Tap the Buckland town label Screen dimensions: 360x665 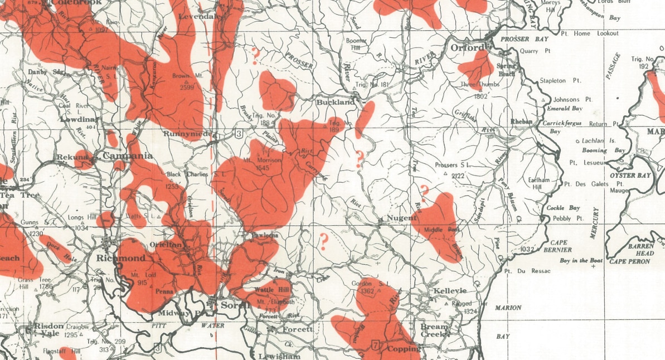pyautogui.click(x=335, y=103)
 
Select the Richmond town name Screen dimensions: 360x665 pyautogui.click(x=120, y=259)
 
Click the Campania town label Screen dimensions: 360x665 pyautogui.click(x=127, y=157)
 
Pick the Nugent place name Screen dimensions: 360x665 pyautogui.click(x=401, y=218)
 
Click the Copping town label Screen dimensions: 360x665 pyautogui.click(x=403, y=349)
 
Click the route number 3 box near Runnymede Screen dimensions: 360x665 pyautogui.click(x=239, y=133)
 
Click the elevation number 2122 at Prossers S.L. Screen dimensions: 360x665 pyautogui.click(x=459, y=176)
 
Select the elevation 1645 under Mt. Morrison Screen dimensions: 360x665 pyautogui.click(x=262, y=167)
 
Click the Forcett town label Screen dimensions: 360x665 pyautogui.click(x=298, y=329)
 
